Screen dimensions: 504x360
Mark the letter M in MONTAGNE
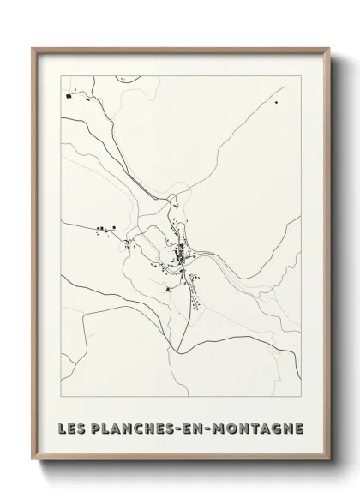pos(225,427)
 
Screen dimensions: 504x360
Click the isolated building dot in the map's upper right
pos(277,103)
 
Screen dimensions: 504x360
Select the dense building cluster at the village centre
pos(181,255)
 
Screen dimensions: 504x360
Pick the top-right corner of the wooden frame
pos(328,48)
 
